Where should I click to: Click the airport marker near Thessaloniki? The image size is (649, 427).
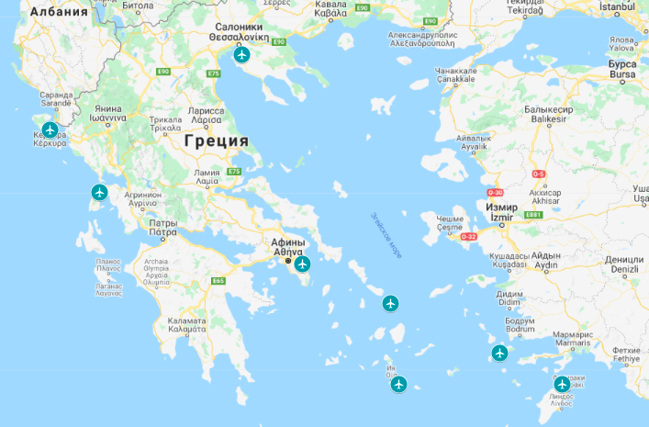tap(241, 55)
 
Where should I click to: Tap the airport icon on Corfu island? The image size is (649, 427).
tap(50, 129)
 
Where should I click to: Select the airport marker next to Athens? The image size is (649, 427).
tap(303, 264)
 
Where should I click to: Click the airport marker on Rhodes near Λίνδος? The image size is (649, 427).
tap(562, 384)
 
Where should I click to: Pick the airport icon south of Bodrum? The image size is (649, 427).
tap(499, 353)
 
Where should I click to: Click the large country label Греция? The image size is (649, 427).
tap(216, 140)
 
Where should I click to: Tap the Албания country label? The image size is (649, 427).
tap(59, 13)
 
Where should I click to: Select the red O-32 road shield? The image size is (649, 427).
tap(468, 236)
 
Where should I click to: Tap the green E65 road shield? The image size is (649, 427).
tap(218, 280)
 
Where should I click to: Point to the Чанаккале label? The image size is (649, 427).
tap(455, 70)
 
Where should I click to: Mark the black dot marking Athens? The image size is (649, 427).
tap(288, 263)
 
